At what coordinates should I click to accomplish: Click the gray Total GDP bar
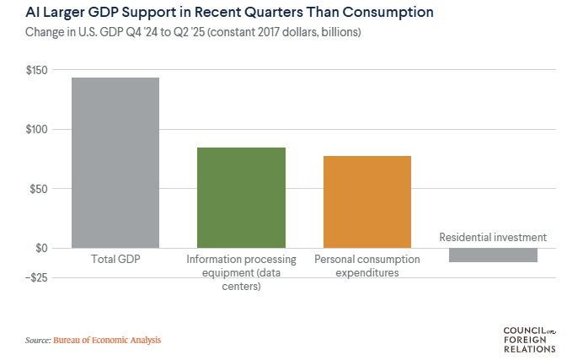click(x=115, y=163)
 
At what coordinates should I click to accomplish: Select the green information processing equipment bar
click(x=241, y=197)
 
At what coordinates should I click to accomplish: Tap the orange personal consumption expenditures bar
click(x=366, y=201)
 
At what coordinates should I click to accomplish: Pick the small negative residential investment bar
click(x=493, y=255)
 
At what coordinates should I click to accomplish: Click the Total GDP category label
click(x=115, y=260)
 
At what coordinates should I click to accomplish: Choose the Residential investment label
click(x=493, y=237)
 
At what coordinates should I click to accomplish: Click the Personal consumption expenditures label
click(x=366, y=266)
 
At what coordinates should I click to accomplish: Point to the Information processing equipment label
click(x=241, y=273)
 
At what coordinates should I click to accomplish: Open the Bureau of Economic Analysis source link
click(x=107, y=341)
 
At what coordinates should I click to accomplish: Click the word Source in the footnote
click(x=37, y=341)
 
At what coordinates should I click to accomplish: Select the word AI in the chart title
click(x=33, y=13)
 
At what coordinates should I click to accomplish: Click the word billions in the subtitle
click(x=336, y=33)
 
